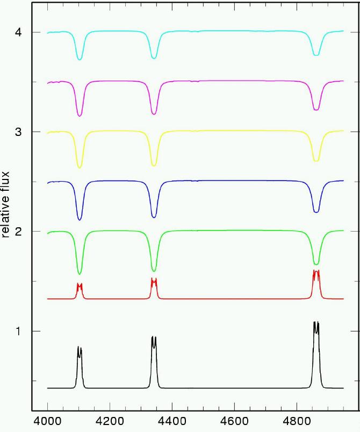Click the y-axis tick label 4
[18, 33]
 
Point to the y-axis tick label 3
[18, 132]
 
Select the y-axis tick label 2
[18, 232]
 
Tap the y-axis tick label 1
[18, 331]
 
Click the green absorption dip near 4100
[80, 273]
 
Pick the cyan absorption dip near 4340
[154, 57]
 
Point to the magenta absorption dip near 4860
[316, 110]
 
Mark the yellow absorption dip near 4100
[80, 168]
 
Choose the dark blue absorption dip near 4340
[154, 217]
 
